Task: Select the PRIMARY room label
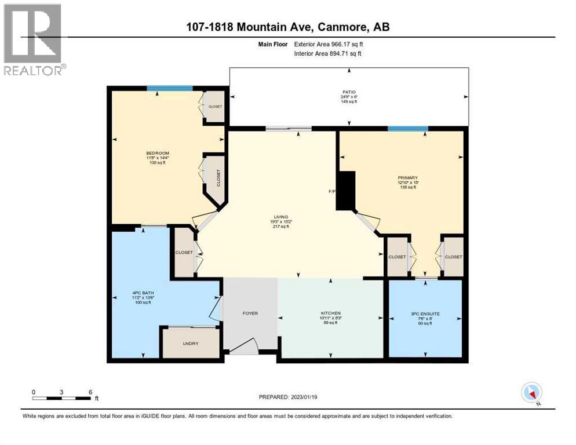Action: click(408, 178)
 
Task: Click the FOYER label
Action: click(250, 313)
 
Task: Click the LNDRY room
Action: click(190, 344)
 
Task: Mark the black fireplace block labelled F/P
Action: click(347, 191)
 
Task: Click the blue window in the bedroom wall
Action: click(169, 88)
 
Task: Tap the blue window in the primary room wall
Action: click(408, 129)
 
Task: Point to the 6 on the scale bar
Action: click(90, 392)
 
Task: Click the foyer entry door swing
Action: click(243, 345)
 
